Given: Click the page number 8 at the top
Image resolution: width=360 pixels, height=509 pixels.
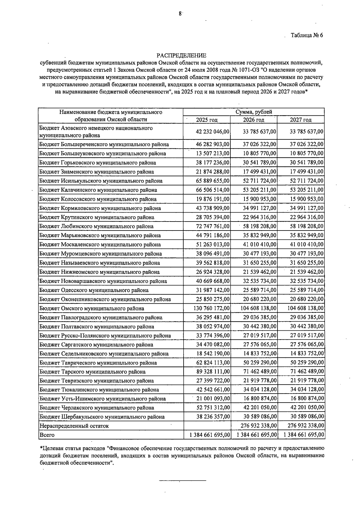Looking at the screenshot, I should (180, 13).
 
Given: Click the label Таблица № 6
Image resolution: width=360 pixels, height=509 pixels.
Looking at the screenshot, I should (307, 35).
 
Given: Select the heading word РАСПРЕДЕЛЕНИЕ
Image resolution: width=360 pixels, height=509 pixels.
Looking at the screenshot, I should (181, 55).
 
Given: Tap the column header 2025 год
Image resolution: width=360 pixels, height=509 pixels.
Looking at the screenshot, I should (207, 120).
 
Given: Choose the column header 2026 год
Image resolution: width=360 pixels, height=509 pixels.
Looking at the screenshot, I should (253, 120).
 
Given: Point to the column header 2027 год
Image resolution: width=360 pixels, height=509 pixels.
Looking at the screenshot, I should (301, 120).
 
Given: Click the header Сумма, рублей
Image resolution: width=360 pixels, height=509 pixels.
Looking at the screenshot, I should (253, 112).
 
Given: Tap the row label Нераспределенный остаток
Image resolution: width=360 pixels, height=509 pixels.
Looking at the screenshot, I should (74, 426).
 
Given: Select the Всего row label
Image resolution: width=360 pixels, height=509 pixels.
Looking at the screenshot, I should (47, 435).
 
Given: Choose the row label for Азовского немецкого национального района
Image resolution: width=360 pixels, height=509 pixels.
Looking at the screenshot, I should (96, 132).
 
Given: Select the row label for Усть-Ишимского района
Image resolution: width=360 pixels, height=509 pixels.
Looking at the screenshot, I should (103, 399).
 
